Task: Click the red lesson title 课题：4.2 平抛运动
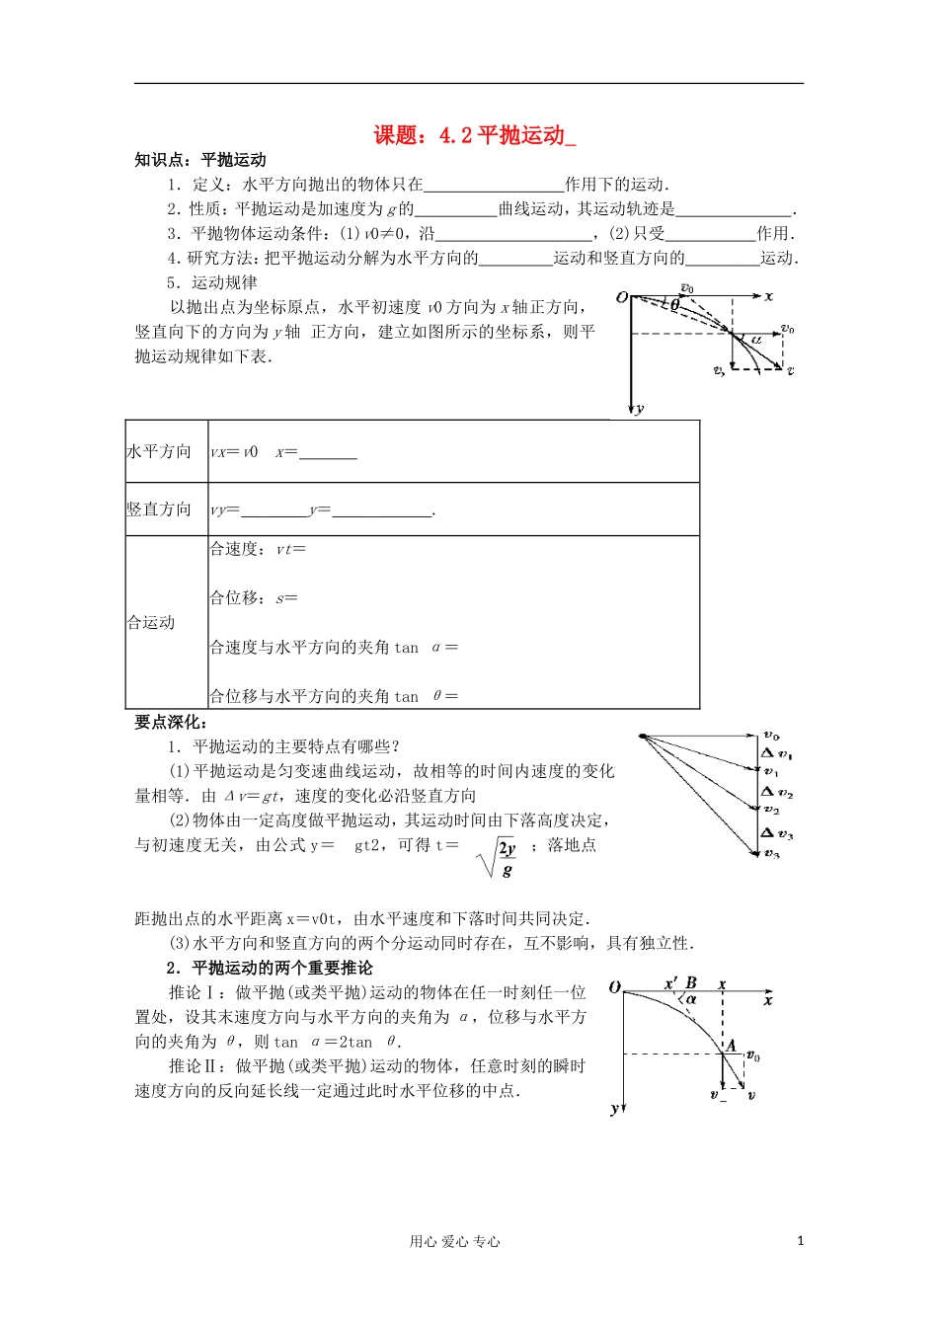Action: pyautogui.click(x=473, y=135)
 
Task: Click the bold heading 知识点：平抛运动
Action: pyautogui.click(x=200, y=160)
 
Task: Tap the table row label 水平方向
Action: pyautogui.click(x=159, y=452)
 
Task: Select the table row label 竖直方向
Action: pyautogui.click(x=159, y=509)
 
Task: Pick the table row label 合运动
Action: pyautogui.click(x=151, y=623)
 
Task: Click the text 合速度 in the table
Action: pyautogui.click(x=234, y=549)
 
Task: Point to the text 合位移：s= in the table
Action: pyautogui.click(x=254, y=598)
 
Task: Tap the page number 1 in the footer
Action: pyautogui.click(x=800, y=1241)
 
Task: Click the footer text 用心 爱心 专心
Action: pyautogui.click(x=455, y=1242)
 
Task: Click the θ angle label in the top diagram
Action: pyautogui.click(x=675, y=306)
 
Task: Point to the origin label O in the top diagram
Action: pyautogui.click(x=621, y=297)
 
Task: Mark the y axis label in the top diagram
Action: pyautogui.click(x=640, y=408)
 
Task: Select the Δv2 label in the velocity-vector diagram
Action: pyautogui.click(x=777, y=792)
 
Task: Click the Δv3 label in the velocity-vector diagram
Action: pyautogui.click(x=777, y=833)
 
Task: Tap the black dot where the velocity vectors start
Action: pyautogui.click(x=642, y=737)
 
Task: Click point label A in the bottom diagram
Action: pyautogui.click(x=731, y=1045)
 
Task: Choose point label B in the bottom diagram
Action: pyautogui.click(x=691, y=983)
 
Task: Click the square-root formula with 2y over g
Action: pyautogui.click(x=499, y=858)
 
